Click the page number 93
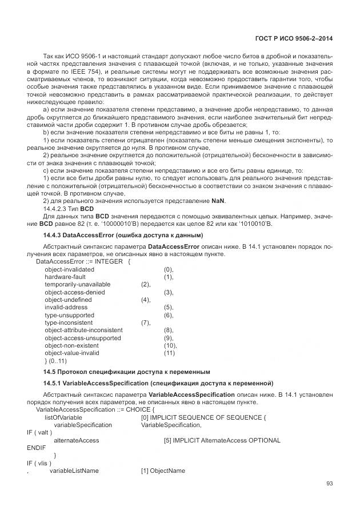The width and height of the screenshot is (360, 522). coord(329,484)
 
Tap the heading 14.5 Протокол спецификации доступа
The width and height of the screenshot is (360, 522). coord(128,372)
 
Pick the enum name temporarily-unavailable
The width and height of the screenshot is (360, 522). coord(78,284)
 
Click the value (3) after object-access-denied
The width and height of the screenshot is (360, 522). coord(169,292)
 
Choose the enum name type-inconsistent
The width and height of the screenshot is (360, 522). coord(69,322)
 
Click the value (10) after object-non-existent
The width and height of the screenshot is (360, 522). coord(170,345)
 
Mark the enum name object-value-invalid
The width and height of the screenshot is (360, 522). coord(72,353)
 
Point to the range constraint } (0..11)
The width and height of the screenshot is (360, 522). coord(56,361)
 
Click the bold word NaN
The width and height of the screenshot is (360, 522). coord(219,201)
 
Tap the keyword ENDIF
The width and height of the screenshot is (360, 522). coord(36,448)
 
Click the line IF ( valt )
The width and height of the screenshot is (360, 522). coord(39,432)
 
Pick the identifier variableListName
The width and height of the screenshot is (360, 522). coord(74,471)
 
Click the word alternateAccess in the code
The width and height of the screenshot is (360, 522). coord(76,440)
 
